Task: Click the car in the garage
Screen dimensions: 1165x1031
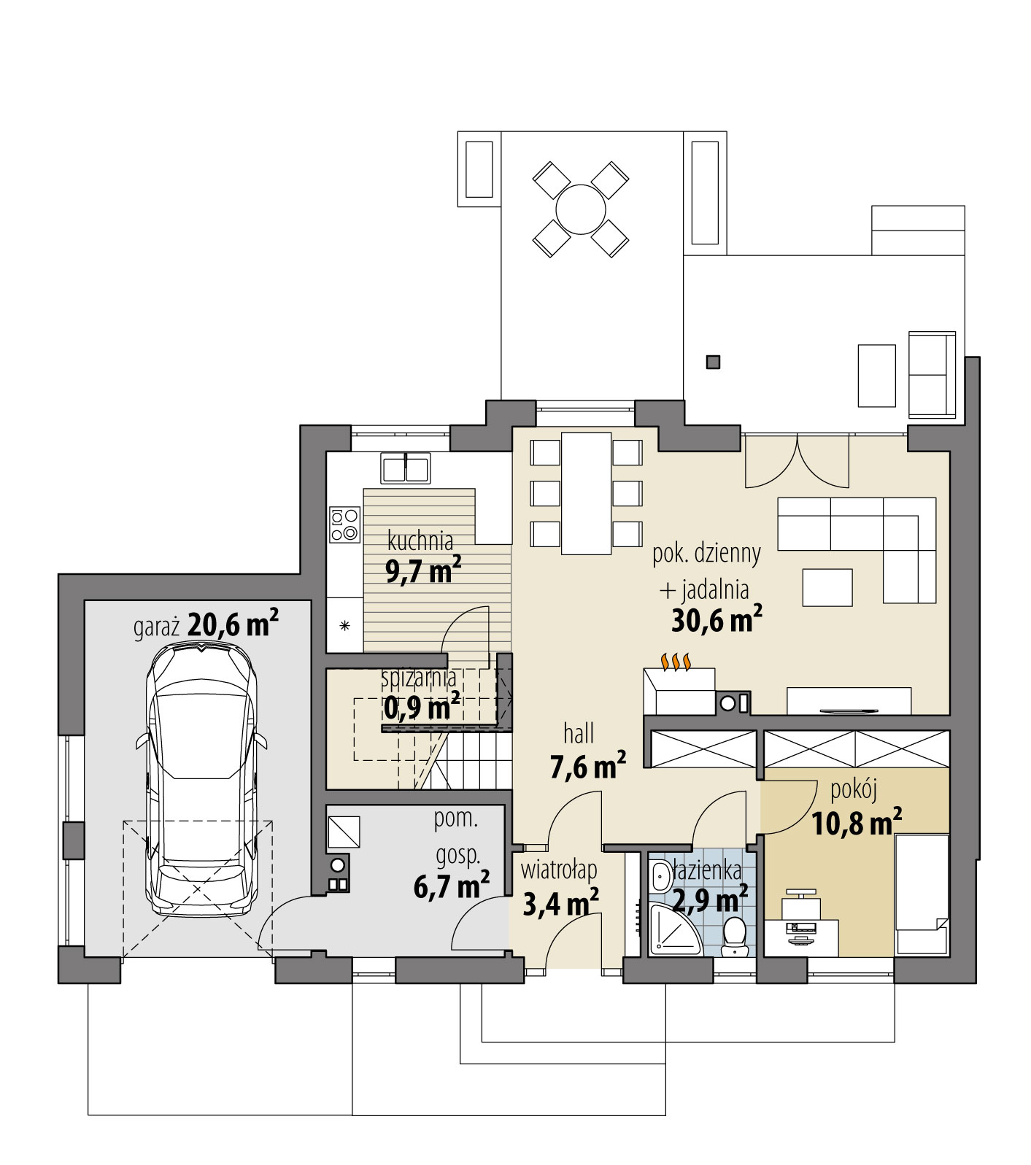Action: (x=202, y=777)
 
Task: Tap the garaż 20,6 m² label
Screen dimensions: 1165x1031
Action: (x=206, y=626)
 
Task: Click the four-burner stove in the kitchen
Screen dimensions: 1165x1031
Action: (x=345, y=525)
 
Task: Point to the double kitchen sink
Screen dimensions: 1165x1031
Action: (x=406, y=468)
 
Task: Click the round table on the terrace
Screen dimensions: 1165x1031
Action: (x=581, y=209)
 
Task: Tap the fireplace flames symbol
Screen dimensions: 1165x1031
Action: (x=676, y=662)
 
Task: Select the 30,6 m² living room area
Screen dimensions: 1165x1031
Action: (x=717, y=620)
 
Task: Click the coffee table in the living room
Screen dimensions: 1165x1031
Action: (x=827, y=587)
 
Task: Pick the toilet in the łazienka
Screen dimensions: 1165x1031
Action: (x=732, y=935)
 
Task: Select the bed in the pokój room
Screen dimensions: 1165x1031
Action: (x=922, y=894)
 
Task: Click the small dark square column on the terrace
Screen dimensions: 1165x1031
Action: (x=714, y=361)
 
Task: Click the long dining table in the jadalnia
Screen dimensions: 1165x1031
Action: (x=587, y=492)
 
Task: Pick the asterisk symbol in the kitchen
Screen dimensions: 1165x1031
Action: (x=345, y=625)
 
